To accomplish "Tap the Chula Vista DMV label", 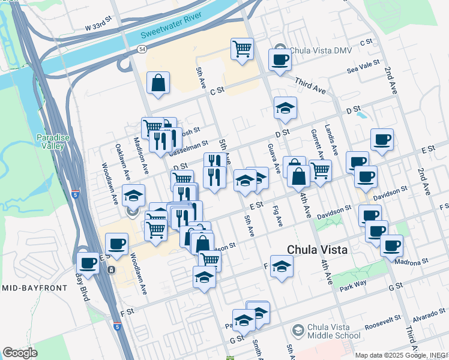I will (316, 51).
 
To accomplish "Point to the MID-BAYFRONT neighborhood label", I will (34, 289).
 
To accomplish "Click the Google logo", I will (20, 353).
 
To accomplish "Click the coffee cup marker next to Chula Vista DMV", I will (280, 59).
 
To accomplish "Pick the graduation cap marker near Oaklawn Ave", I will (134, 196).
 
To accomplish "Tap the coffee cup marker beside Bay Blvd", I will (88, 263).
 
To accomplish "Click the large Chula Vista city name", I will (318, 249).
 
